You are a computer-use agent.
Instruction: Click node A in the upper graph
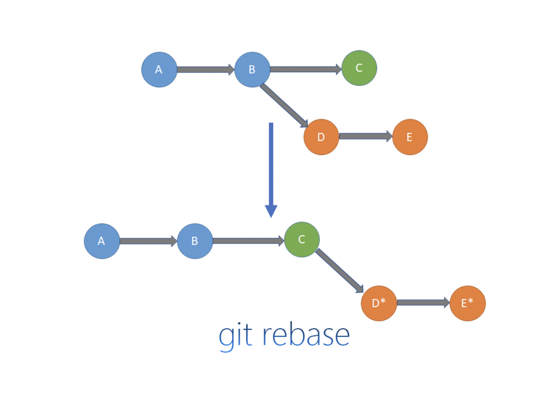[159, 70]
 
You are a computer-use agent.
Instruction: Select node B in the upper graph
[252, 70]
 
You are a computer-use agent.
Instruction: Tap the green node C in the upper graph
[359, 68]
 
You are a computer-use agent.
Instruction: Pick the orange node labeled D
[321, 137]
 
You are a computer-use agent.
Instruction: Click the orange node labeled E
[410, 137]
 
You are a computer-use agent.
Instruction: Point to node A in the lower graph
[102, 241]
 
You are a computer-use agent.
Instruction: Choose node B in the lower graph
[195, 241]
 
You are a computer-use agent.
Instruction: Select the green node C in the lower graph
[302, 239]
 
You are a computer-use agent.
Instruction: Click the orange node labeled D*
[379, 303]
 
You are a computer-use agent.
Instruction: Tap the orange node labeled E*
[467, 303]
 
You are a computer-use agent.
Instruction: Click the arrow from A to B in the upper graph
[205, 70]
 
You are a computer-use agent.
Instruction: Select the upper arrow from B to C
[305, 69]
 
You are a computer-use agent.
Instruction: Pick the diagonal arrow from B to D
[284, 105]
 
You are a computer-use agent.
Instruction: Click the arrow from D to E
[365, 136]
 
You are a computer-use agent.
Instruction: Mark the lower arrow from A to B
[148, 241]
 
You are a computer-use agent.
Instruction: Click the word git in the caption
[236, 336]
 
